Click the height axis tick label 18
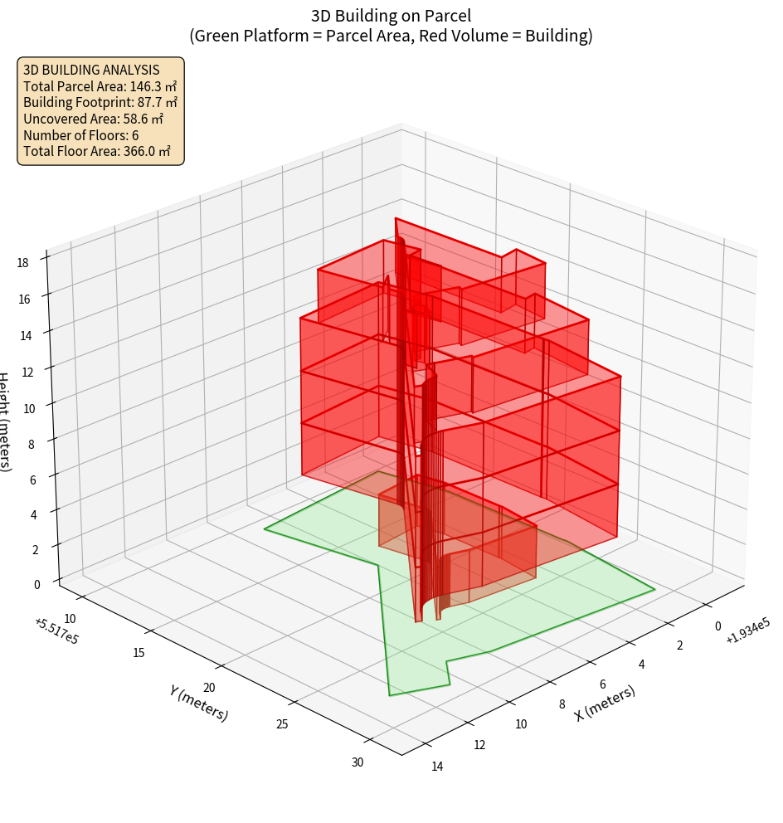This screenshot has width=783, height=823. pyautogui.click(x=22, y=262)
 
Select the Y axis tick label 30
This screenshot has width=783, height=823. pyautogui.click(x=357, y=762)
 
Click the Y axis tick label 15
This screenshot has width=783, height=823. pyautogui.click(x=139, y=652)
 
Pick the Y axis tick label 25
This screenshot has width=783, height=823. pyautogui.click(x=282, y=724)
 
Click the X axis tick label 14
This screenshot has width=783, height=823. pyautogui.click(x=437, y=766)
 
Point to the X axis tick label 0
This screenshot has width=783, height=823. pyautogui.click(x=717, y=626)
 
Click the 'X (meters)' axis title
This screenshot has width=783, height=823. pyautogui.click(x=605, y=704)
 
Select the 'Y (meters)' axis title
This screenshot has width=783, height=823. pyautogui.click(x=198, y=702)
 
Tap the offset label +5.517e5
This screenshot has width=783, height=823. pyautogui.click(x=56, y=631)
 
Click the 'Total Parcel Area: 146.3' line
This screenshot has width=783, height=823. pyautogui.click(x=100, y=85)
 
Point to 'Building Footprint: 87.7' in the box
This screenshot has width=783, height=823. pyautogui.click(x=100, y=102)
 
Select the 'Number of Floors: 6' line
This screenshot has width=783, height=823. pyautogui.click(x=81, y=135)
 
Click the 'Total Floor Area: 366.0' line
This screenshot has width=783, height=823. pyautogui.click(x=97, y=151)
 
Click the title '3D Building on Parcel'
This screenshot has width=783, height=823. pyautogui.click(x=391, y=15)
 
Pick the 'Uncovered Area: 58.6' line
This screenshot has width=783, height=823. pyautogui.click(x=94, y=119)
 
